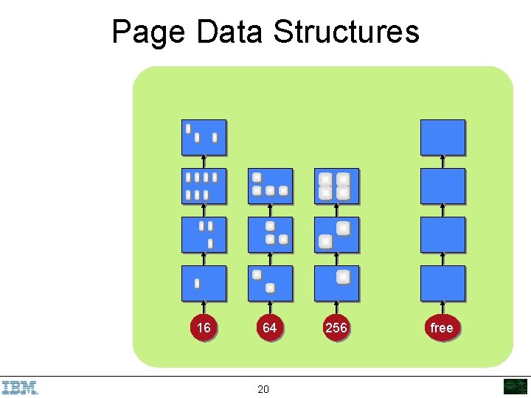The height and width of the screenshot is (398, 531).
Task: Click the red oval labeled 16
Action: (x=204, y=327)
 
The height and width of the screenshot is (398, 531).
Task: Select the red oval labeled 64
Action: (x=269, y=327)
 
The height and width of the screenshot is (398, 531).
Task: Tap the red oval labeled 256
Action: (x=336, y=327)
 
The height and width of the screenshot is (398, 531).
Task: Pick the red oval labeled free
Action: (x=442, y=327)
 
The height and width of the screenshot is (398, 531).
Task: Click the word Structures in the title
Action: (x=346, y=32)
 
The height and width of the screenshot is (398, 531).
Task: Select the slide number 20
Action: (x=263, y=388)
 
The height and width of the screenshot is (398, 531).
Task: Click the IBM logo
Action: (x=20, y=387)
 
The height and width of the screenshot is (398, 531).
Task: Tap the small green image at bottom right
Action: (x=516, y=386)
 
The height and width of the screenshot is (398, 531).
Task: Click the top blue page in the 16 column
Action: (x=204, y=137)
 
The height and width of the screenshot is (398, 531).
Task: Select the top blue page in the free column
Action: (x=442, y=137)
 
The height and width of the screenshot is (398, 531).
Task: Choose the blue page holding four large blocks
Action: (x=336, y=186)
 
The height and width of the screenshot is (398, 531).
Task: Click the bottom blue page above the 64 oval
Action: (x=270, y=283)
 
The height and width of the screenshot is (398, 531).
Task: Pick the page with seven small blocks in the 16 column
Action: (x=204, y=186)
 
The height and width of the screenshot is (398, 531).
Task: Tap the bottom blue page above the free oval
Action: (x=442, y=283)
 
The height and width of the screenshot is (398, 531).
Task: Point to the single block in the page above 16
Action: (x=197, y=283)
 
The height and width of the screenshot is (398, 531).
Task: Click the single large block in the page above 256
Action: (x=343, y=277)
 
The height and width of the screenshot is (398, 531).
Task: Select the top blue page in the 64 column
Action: (x=270, y=186)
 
